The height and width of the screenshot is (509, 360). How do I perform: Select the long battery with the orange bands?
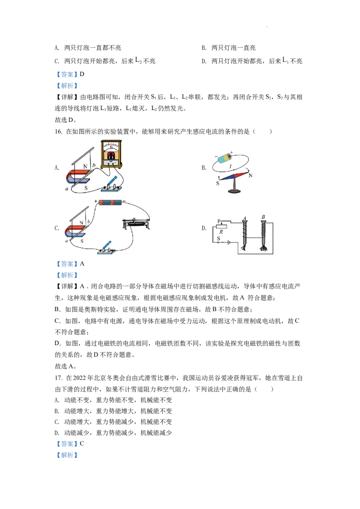(x=110, y=202)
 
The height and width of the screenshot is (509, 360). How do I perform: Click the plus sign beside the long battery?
(x=96, y=201)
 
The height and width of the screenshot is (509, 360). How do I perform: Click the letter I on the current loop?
(x=230, y=167)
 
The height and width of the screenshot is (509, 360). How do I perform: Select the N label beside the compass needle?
(x=250, y=176)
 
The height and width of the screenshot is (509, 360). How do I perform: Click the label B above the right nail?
(x=263, y=218)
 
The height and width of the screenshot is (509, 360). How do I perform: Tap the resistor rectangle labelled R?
(x=221, y=227)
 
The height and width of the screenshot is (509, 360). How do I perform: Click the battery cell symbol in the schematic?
(x=229, y=243)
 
